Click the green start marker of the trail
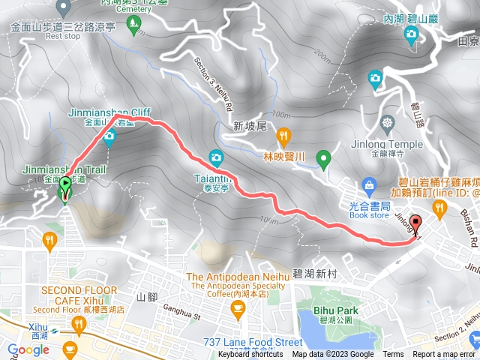coord(65,189)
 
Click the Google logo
coord(28,349)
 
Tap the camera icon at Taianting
coord(216,157)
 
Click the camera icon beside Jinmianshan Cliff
coord(109,136)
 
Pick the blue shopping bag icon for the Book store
coord(368,184)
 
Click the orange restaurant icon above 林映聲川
coord(283,136)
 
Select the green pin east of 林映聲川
coord(323,158)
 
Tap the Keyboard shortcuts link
coord(250,355)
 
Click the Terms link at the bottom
coord(393,355)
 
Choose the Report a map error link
coord(443,355)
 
